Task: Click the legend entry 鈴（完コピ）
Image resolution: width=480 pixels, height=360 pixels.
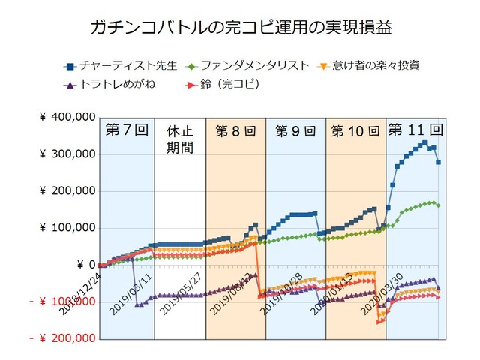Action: click(223, 84)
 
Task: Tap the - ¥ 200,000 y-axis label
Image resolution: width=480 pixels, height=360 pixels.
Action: click(63, 338)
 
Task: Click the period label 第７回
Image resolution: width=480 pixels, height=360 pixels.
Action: click(124, 130)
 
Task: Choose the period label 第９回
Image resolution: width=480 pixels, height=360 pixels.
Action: click(295, 130)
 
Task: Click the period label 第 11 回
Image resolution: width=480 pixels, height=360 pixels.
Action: click(415, 128)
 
